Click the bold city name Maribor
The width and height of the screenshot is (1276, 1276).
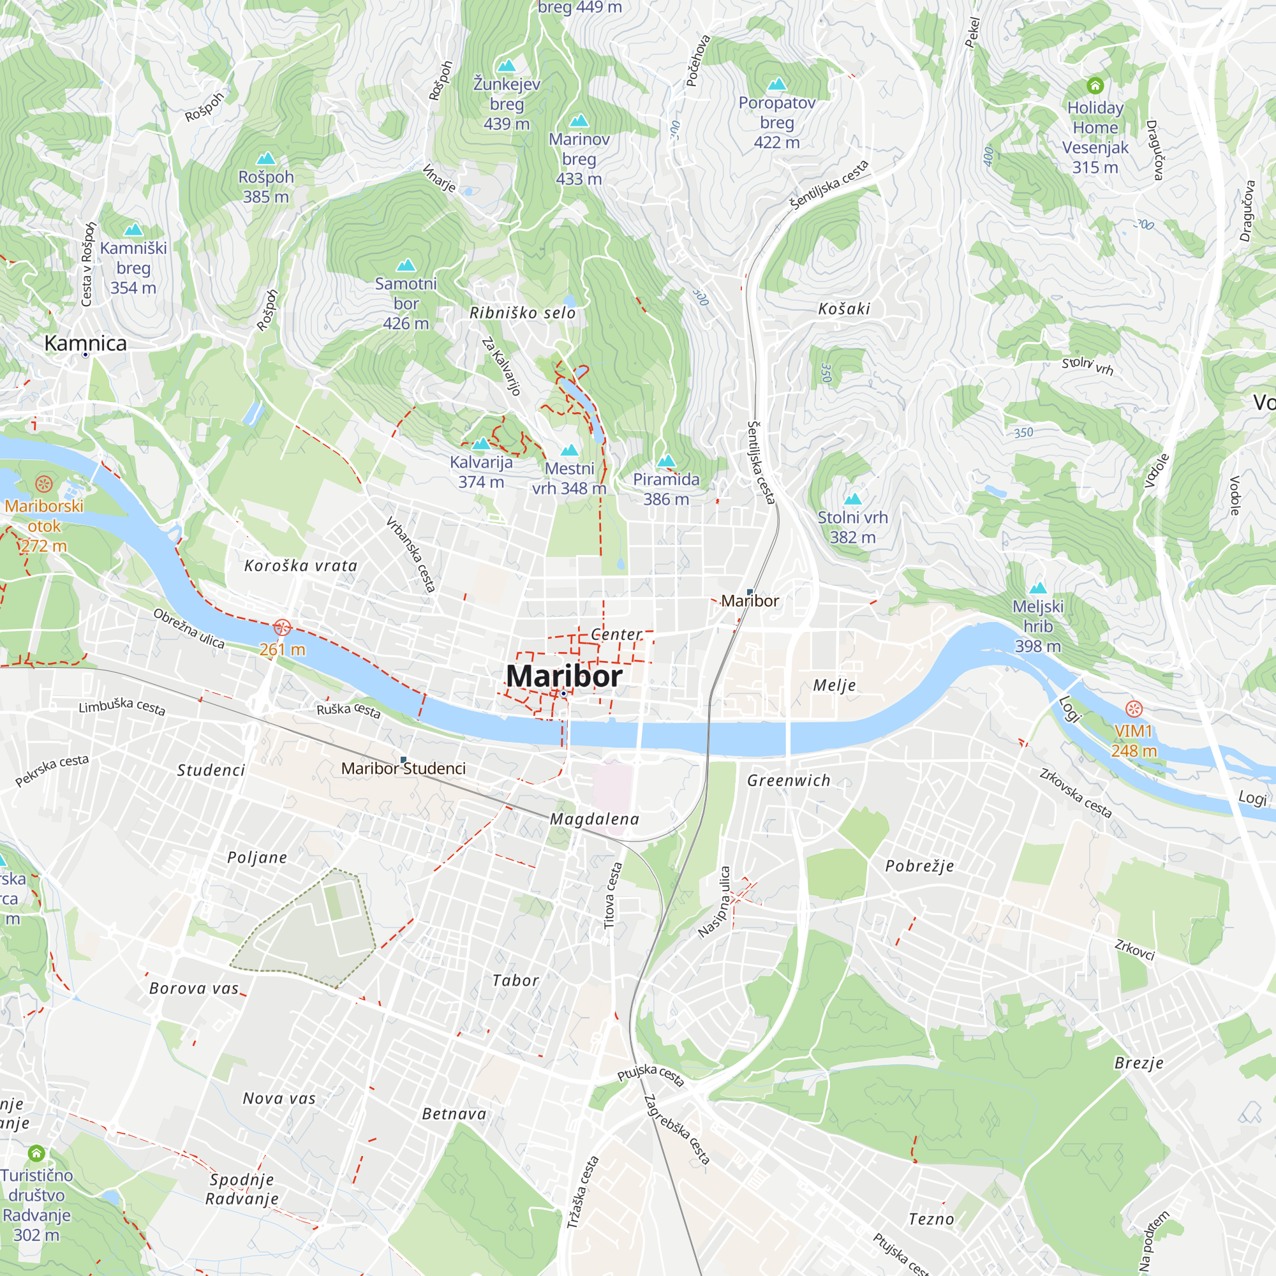coord(563,676)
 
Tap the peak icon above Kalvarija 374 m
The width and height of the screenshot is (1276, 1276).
coord(481,443)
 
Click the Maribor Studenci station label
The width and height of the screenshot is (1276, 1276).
coord(404,768)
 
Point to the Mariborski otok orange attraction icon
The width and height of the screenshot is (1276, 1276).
coord(43,484)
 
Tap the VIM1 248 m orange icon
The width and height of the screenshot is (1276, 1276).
coord(1133,709)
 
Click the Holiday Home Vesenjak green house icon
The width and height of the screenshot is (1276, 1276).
coord(1095,85)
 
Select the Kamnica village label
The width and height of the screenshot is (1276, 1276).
coord(85,343)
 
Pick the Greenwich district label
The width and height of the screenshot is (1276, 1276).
coord(789,781)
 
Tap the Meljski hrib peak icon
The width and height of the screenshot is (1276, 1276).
coord(1037,588)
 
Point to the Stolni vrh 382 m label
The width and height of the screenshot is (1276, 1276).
coord(852,527)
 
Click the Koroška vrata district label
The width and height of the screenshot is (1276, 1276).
coord(300,566)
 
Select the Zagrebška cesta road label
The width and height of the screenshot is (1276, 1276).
coord(677,1129)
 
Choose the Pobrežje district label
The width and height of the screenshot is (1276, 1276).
coord(919,866)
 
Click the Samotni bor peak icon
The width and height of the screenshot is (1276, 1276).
coord(406,265)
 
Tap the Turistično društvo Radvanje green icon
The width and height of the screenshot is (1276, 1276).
coord(36,1154)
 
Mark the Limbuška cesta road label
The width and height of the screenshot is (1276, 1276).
coord(122,707)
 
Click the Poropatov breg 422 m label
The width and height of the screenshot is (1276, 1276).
coord(776,122)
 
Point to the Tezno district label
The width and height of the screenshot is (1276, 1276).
coord(931,1219)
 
